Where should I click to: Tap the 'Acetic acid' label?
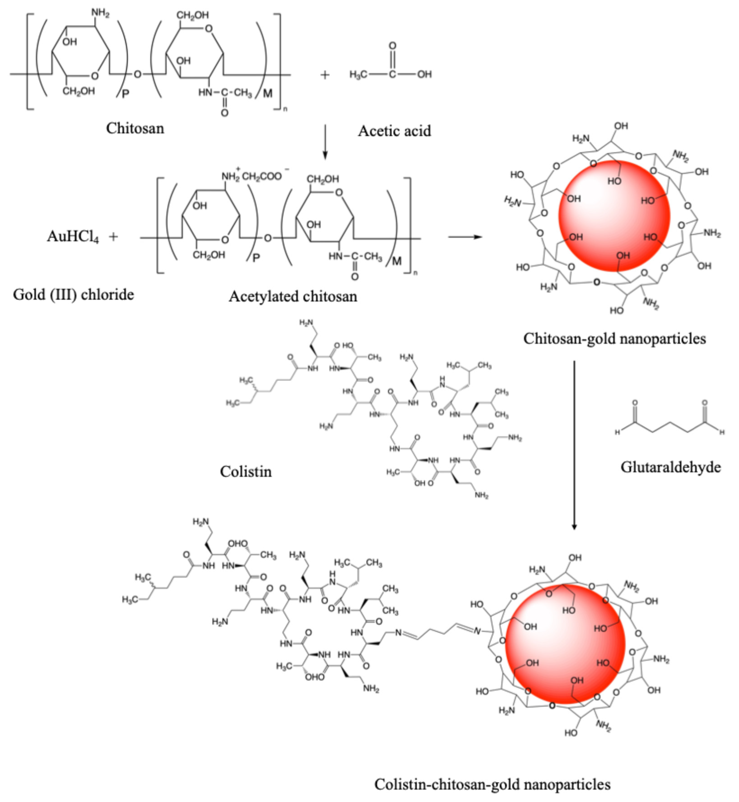point(394,131)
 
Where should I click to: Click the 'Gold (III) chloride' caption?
point(73,295)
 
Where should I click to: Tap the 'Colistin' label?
point(246,472)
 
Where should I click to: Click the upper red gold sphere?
point(614,216)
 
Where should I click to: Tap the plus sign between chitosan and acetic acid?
point(325,75)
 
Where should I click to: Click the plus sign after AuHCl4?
point(114,237)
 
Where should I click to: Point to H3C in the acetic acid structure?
point(358,74)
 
